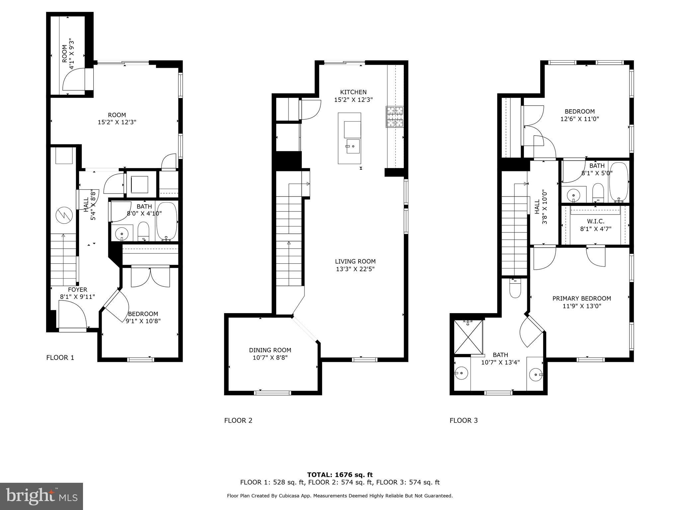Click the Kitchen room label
353,92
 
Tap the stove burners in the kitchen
395,117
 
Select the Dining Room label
270,350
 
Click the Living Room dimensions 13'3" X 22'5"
355,269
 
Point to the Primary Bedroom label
581,298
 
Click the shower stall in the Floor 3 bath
468,337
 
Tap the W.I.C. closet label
595,221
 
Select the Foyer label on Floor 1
77,290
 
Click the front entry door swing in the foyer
72,314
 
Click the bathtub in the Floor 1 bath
167,221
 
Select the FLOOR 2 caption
238,421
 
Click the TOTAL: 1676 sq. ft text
340,475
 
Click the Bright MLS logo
42,496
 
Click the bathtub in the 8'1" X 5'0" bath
619,182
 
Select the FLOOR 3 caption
464,421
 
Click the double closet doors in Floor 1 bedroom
150,277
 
